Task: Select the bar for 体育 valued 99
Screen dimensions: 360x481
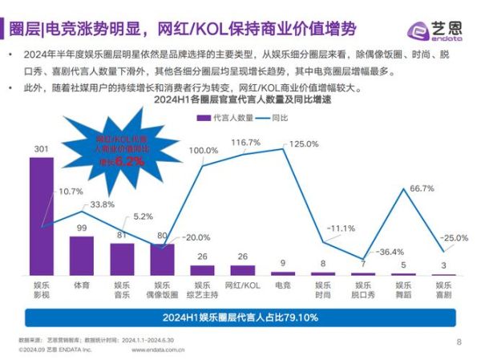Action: (81, 255)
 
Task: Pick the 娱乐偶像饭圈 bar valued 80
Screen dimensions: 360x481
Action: (162, 260)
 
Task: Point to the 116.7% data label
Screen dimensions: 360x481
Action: (247, 143)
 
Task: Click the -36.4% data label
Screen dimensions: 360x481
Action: (390, 252)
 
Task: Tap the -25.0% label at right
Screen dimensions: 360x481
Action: (455, 238)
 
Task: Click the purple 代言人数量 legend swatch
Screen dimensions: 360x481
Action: (203, 118)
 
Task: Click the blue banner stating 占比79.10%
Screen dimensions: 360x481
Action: (240, 318)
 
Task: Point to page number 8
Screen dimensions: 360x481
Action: (459, 342)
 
